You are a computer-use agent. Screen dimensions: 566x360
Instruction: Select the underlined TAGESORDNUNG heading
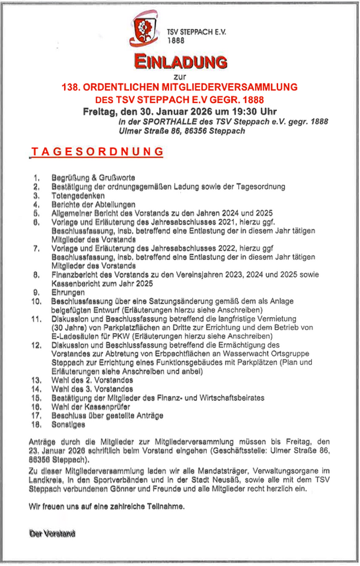coord(97,152)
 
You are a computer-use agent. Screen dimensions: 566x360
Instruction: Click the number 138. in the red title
coord(74,87)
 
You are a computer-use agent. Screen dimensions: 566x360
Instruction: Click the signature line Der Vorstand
coord(52,534)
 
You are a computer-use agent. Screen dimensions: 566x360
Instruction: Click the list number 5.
coord(36,213)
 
